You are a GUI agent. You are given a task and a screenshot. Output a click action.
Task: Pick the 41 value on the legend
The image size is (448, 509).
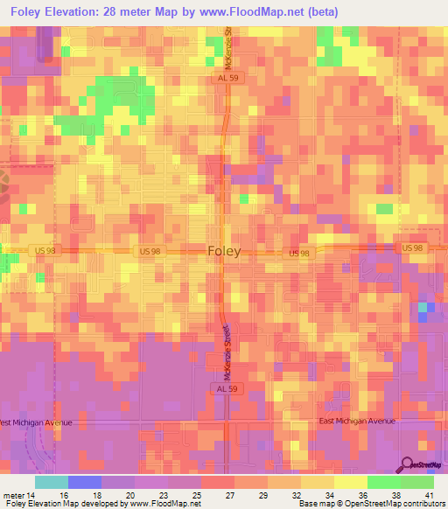(x=429, y=494)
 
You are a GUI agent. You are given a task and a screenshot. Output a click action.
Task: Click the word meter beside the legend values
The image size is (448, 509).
(x=14, y=494)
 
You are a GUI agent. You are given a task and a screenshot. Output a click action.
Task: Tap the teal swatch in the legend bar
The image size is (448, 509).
(x=52, y=482)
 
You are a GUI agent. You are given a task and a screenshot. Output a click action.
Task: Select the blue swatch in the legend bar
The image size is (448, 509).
(x=85, y=482)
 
